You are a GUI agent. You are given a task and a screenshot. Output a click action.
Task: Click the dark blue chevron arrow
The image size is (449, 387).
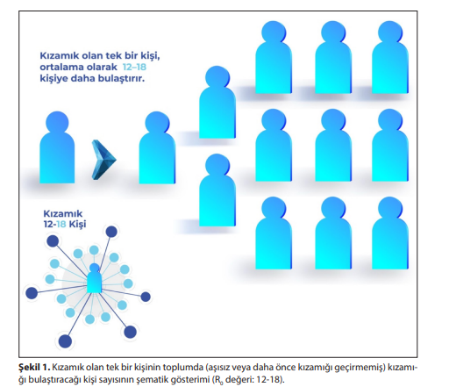(103, 160)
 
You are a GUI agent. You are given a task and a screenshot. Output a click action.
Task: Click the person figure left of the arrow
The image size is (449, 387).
(57, 147)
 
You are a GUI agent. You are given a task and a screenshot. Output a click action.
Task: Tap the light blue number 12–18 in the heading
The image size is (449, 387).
(134, 67)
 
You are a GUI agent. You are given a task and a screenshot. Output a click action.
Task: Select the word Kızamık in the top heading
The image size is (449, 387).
(60, 55)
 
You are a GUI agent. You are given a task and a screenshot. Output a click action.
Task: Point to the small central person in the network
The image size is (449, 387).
(95, 278)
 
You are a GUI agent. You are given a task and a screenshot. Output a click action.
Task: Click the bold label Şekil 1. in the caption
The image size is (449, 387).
(34, 368)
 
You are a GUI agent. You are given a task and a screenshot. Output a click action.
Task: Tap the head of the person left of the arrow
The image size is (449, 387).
(57, 122)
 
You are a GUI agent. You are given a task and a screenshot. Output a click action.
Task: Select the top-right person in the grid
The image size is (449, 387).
(390, 57)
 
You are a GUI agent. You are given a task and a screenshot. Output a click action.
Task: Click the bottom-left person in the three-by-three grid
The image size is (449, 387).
(274, 233)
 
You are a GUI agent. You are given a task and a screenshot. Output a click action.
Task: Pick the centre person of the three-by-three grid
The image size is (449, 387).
(333, 145)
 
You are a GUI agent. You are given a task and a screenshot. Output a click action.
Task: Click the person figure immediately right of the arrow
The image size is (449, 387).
(157, 147)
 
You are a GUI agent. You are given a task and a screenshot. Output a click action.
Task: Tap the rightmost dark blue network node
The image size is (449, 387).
(146, 297)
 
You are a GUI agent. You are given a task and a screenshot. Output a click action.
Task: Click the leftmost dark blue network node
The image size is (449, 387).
(32, 293)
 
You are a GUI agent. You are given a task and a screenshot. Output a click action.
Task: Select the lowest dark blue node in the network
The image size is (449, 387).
(65, 341)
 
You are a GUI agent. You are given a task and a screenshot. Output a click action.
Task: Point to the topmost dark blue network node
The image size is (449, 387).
(111, 232)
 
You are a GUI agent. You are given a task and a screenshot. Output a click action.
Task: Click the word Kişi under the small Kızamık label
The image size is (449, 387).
(77, 225)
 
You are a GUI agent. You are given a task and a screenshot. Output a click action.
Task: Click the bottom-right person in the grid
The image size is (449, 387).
(390, 233)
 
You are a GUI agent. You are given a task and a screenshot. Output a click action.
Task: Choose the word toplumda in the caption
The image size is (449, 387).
(182, 368)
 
